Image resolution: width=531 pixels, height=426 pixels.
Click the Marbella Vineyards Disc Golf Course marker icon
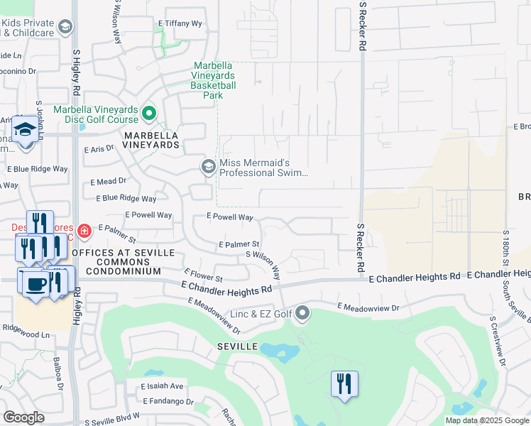(x=149, y=113)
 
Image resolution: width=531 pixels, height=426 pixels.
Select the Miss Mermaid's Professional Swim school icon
(x=208, y=167)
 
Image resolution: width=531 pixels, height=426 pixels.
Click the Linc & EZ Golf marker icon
(x=303, y=312)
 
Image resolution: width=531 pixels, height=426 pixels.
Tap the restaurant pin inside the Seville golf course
(x=344, y=384)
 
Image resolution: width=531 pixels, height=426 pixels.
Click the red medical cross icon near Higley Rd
(x=84, y=231)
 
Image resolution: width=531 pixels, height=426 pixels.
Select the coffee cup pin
(x=35, y=284)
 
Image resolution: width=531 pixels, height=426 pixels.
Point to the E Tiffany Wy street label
(x=180, y=23)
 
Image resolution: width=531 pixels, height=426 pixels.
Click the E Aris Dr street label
(x=99, y=150)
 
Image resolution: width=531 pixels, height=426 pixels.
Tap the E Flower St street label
(x=203, y=275)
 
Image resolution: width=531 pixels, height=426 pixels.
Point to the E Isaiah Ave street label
(x=162, y=386)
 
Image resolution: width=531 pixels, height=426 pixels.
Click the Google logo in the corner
(x=23, y=417)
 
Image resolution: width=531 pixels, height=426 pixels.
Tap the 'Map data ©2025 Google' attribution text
(x=487, y=420)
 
